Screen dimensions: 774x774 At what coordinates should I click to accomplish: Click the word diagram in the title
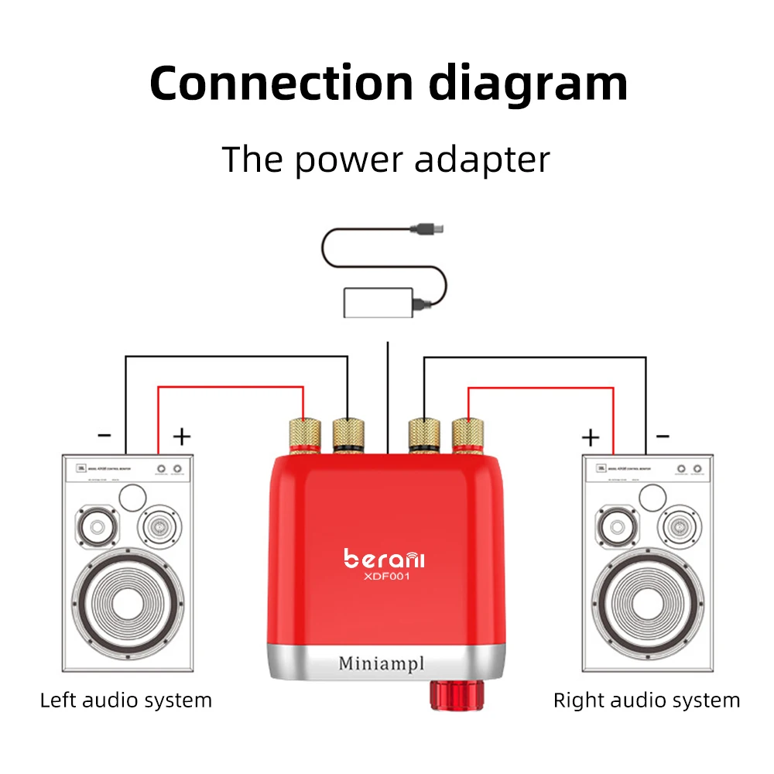(528, 83)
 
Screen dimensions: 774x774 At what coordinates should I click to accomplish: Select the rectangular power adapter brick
(377, 302)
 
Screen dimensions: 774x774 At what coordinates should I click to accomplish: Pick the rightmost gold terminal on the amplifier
(467, 435)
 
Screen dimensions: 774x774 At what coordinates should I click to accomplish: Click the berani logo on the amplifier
(385, 557)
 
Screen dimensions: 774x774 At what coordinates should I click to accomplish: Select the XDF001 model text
(385, 577)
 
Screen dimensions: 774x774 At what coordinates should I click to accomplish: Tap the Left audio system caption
(125, 701)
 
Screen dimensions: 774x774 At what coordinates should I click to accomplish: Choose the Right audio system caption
(646, 701)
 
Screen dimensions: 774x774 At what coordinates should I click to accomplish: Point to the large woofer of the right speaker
(644, 600)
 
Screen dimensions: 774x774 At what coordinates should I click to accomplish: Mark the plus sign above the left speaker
(181, 437)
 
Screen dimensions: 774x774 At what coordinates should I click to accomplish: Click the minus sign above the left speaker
(104, 436)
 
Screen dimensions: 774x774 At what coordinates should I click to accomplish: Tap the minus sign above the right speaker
(663, 436)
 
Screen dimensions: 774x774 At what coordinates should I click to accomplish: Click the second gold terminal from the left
(348, 435)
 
